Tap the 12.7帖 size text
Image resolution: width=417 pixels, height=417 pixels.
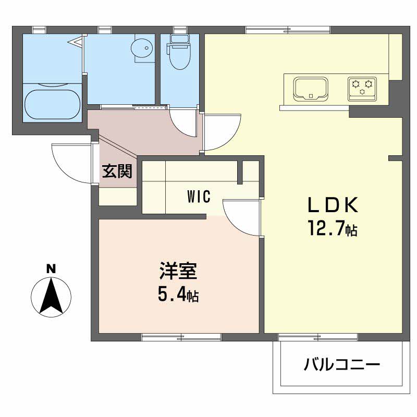(332, 229)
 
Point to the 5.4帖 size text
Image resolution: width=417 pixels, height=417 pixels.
(178, 296)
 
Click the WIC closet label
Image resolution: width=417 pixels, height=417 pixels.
(199, 197)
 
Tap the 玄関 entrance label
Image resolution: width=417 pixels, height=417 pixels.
(117, 171)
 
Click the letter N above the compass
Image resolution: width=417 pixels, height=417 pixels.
(51, 269)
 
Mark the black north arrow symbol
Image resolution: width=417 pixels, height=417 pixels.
(51, 296)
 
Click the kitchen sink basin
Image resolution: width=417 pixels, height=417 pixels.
(311, 88)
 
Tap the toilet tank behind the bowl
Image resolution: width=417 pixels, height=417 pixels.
(179, 40)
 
